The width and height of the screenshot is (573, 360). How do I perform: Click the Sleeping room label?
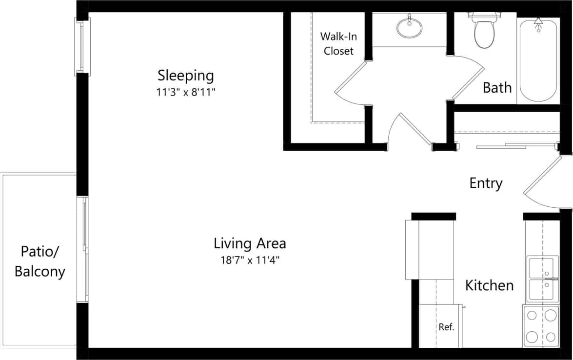(x=185, y=76)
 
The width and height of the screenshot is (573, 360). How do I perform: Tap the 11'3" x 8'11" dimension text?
(x=185, y=92)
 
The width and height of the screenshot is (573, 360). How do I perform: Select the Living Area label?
(x=250, y=242)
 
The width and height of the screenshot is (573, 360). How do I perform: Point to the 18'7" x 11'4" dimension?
(x=250, y=260)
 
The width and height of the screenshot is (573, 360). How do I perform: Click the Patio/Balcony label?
(x=40, y=261)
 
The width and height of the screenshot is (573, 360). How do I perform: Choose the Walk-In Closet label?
(x=336, y=43)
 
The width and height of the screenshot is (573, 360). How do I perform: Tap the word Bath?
(x=497, y=88)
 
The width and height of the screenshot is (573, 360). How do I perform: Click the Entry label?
(x=486, y=183)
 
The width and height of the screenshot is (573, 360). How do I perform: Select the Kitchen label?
(x=489, y=285)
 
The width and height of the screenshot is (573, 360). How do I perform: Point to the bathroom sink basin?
(x=409, y=27)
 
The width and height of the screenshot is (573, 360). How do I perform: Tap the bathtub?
(x=538, y=60)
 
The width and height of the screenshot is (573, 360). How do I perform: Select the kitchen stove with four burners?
(x=541, y=326)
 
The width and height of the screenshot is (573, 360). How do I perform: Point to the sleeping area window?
(x=81, y=46)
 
